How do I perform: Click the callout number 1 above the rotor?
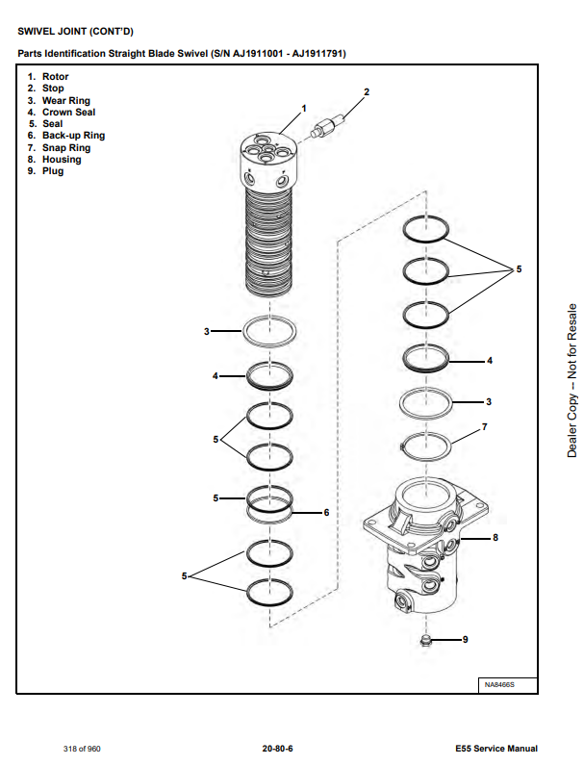(304, 108)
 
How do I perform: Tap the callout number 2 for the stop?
(366, 92)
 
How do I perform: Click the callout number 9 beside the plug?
(466, 639)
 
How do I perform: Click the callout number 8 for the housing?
(495, 538)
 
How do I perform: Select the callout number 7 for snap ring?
(484, 425)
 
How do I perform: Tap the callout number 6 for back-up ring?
(326, 512)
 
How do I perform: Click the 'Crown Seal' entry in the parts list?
(68, 113)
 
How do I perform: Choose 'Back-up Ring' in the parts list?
(73, 136)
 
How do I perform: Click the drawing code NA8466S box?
(499, 684)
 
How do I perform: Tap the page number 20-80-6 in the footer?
(277, 748)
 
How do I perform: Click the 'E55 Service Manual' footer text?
(496, 748)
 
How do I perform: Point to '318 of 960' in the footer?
(83, 748)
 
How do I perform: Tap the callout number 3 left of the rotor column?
(206, 331)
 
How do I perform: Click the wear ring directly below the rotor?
(269, 331)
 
